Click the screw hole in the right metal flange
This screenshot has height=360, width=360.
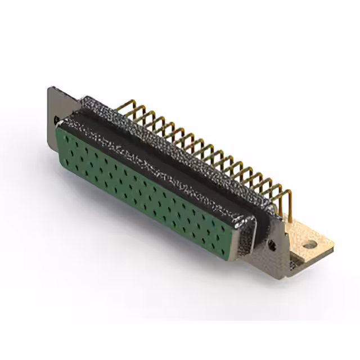(272, 245)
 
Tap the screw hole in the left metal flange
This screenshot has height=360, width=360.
(56, 119)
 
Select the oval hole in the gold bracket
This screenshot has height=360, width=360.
(308, 245)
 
